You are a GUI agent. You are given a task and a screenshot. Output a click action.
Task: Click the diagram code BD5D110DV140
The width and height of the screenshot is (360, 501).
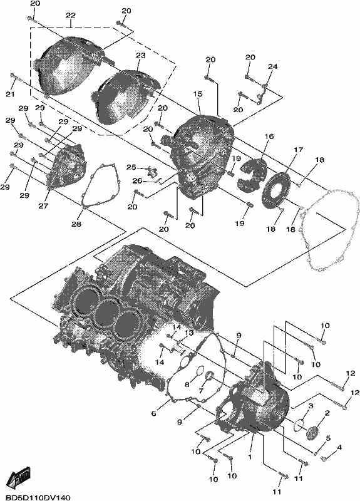tap(35, 497)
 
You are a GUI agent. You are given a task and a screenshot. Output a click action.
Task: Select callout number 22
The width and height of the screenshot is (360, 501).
tap(71, 15)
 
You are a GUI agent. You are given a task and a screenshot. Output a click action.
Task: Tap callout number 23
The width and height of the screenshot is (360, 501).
tap(140, 55)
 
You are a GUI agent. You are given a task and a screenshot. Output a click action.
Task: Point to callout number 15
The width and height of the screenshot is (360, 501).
tap(198, 93)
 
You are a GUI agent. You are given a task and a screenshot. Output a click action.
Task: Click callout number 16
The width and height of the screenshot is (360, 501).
tap(269, 137)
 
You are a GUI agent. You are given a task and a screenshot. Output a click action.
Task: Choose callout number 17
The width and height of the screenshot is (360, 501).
tap(299, 150)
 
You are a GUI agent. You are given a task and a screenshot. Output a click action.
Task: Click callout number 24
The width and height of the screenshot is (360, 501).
tap(272, 66)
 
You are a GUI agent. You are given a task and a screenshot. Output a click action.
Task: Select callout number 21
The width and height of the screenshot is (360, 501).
tap(11, 95)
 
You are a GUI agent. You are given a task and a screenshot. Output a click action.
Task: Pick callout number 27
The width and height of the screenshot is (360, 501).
tap(43, 206)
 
